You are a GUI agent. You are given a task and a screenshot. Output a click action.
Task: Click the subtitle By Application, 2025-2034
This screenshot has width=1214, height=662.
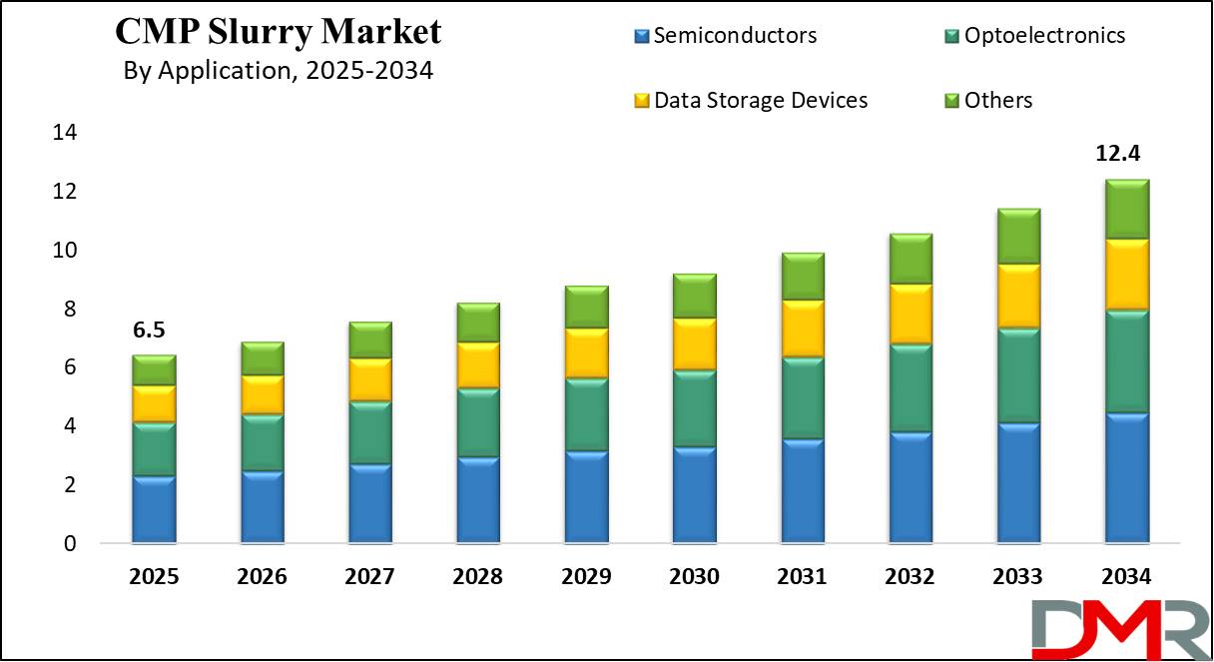point(278,72)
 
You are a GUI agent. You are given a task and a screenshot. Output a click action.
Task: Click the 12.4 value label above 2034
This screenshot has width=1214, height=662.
point(1125,154)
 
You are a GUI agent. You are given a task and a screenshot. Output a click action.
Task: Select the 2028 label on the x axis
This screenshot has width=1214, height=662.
point(477,578)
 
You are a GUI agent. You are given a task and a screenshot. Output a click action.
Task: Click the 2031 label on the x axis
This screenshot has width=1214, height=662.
point(802,578)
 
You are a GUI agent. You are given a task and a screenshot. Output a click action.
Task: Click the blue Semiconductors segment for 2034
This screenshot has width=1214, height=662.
point(1125,478)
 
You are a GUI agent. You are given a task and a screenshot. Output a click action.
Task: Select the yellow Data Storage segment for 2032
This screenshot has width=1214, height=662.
point(910,314)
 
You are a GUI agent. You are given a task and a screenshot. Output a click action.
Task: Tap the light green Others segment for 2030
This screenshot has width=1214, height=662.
point(694,296)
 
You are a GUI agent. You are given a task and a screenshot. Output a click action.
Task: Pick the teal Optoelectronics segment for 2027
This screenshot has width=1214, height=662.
point(369,432)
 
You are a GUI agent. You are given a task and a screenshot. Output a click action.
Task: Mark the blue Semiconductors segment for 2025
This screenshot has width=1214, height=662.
point(153,509)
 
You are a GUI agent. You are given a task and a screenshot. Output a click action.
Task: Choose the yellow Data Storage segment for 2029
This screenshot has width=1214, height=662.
point(585,352)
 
